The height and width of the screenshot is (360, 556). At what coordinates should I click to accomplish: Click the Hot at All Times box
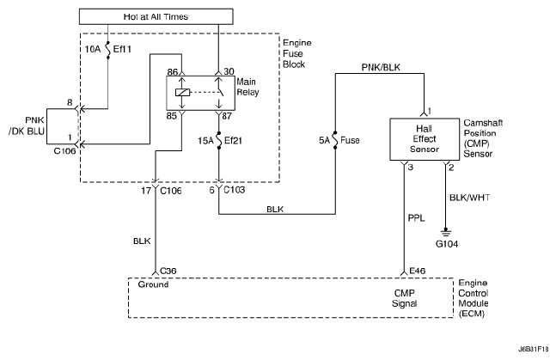pos(156,16)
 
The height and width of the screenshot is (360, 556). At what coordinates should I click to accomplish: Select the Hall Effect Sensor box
pos(425,139)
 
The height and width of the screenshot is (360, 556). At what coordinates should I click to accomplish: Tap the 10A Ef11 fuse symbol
pos(108,49)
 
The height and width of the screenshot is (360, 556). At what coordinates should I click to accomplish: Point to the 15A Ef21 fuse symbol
pos(219,141)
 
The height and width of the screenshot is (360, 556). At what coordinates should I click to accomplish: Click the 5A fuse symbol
pos(335,140)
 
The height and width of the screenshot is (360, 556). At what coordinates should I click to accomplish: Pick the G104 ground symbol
pos(446,232)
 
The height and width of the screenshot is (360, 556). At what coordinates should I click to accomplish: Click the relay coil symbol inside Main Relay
pos(183,92)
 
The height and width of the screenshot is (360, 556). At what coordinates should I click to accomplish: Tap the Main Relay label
pos(247,87)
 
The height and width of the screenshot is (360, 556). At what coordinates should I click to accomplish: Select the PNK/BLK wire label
pos(381,67)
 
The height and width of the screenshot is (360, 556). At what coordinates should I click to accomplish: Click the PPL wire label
pos(416,217)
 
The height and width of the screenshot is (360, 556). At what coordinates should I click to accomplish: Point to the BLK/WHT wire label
pos(469,198)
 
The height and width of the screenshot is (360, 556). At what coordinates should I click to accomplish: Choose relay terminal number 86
pos(173,72)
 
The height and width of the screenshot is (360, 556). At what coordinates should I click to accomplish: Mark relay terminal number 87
pos(227,116)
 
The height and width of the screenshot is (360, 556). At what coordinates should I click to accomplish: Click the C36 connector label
pos(168,271)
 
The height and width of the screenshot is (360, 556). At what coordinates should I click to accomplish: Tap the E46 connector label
pos(418,271)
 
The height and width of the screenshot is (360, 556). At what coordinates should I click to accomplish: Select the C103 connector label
pos(234,190)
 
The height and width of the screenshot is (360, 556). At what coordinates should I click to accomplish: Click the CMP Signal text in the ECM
pos(405,298)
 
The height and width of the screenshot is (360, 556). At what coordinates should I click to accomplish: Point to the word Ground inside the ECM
pos(153,284)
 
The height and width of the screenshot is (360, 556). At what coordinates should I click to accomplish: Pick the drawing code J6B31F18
pos(534,349)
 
